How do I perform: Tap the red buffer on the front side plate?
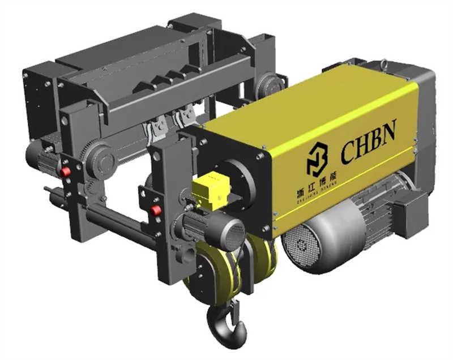[156, 211]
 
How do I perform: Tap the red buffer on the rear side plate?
[66, 172]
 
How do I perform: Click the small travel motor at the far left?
[42, 157]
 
